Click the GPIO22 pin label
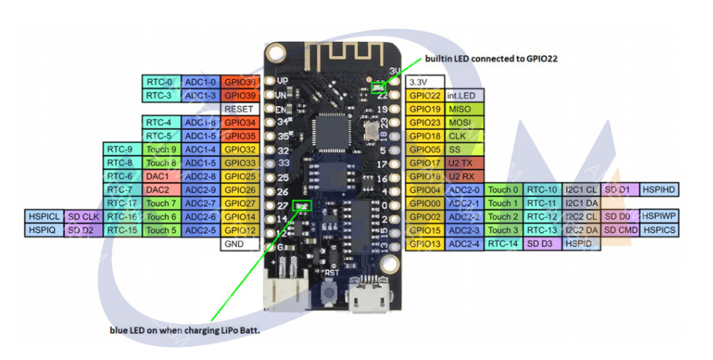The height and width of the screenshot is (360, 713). coord(425,96)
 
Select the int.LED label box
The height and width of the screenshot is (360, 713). coord(464,96)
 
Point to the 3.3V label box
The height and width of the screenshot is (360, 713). coord(425,81)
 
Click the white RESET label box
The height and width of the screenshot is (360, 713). coord(239,109)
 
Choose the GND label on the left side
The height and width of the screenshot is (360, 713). coord(239,244)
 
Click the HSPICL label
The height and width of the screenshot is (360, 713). coord(43,217)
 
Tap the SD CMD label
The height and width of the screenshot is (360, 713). coord(620,230)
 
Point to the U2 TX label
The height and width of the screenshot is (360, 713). coord(461,163)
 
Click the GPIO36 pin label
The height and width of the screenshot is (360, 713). coord(239,81)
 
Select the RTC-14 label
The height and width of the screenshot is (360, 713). coord(503,243)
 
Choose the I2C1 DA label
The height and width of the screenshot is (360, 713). coord(581,203)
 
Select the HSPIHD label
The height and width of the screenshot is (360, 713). coord(659,190)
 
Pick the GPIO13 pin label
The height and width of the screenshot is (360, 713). coord(425,243)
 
